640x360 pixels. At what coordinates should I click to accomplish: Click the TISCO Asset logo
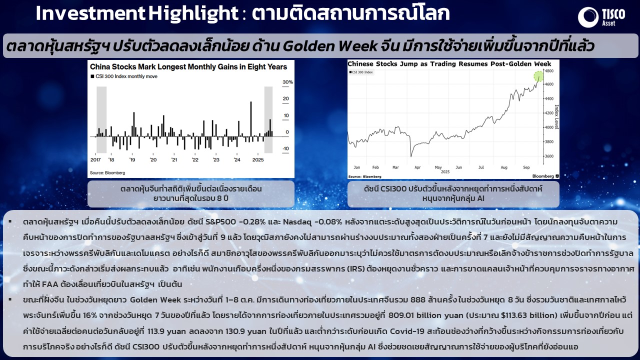pyautogui.click(x=601, y=17)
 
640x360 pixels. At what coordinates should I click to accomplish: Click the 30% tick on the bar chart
pyautogui.click(x=287, y=82)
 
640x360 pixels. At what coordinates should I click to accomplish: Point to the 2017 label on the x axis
pyautogui.click(x=95, y=159)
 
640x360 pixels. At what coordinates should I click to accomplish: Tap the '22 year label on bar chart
pyautogui.click(x=195, y=159)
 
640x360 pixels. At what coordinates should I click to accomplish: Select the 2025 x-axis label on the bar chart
pyautogui.click(x=258, y=159)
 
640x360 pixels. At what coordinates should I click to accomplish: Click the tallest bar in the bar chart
pyautogui.click(x=251, y=119)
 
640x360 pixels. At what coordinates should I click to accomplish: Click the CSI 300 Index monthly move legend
pyautogui.click(x=124, y=76)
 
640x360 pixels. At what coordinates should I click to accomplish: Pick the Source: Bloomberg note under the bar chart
pyautogui.click(x=107, y=173)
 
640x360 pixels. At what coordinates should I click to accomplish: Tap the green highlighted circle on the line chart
pyautogui.click(x=538, y=76)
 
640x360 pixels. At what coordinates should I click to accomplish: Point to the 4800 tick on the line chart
pyautogui.click(x=549, y=71)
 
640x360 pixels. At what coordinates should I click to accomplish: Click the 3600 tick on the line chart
pyautogui.click(x=549, y=156)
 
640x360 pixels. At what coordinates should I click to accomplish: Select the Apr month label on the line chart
pyautogui.click(x=417, y=167)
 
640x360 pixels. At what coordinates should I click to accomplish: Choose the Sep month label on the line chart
pyautogui.click(x=526, y=167)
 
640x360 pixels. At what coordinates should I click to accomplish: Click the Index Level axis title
pyautogui.click(x=556, y=117)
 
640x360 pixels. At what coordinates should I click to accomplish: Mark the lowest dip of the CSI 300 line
pyautogui.click(x=411, y=156)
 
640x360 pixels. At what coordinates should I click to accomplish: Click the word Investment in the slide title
pyautogui.click(x=90, y=13)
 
